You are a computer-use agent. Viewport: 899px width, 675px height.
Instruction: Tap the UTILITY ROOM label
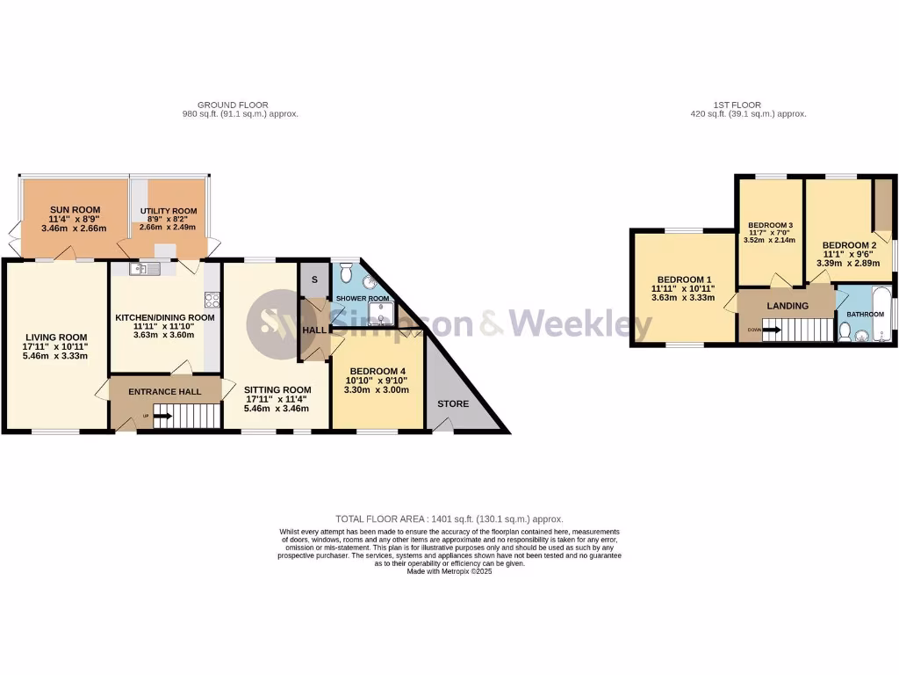(169, 212)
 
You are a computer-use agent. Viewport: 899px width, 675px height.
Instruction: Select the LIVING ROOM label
(56, 337)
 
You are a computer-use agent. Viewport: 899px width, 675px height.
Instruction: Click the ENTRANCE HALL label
(165, 391)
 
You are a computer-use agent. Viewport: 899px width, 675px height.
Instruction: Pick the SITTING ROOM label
(277, 389)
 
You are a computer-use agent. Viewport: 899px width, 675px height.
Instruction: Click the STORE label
(454, 403)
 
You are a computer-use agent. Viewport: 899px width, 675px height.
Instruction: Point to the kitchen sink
(141, 269)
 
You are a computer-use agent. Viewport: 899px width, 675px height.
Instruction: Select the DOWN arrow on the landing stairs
(772, 330)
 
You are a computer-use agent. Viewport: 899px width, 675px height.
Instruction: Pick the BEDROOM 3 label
(770, 225)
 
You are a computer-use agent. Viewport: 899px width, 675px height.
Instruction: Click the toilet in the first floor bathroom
(845, 331)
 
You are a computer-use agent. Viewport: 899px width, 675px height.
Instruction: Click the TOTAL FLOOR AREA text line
(449, 519)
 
